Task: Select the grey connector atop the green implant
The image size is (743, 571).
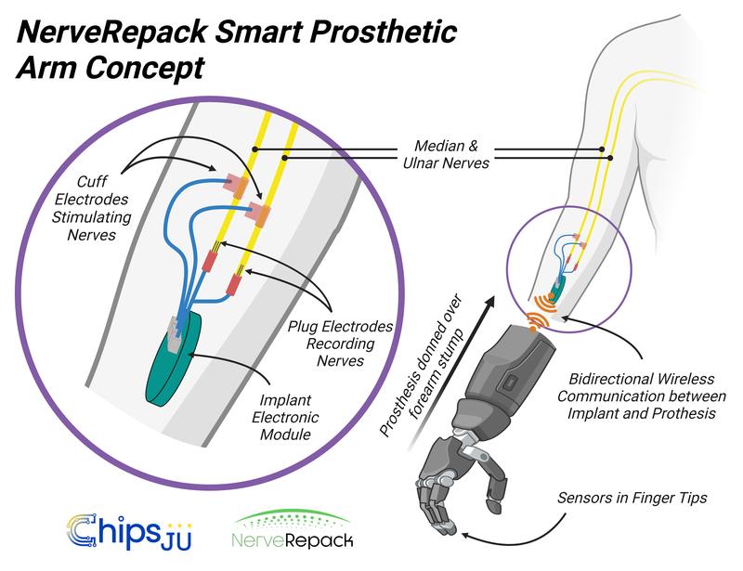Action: coord(173,326)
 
